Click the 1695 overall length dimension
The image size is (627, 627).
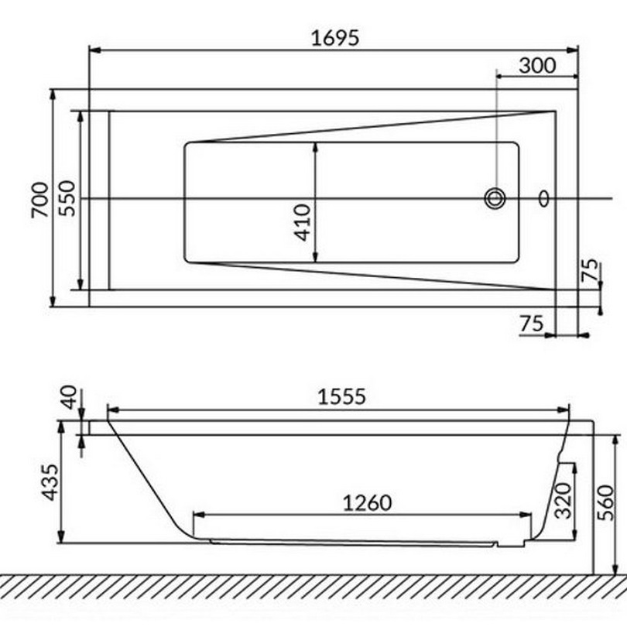[335, 39]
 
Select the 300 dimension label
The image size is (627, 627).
[537, 66]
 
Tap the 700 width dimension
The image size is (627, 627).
[40, 200]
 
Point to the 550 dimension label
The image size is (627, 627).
[67, 198]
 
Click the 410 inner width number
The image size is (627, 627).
[303, 222]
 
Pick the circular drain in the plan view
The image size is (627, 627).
[495, 198]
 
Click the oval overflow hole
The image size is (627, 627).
[543, 198]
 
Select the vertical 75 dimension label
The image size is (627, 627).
[591, 270]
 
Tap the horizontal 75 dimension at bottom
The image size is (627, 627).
[532, 324]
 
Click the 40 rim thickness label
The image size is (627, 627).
[68, 397]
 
